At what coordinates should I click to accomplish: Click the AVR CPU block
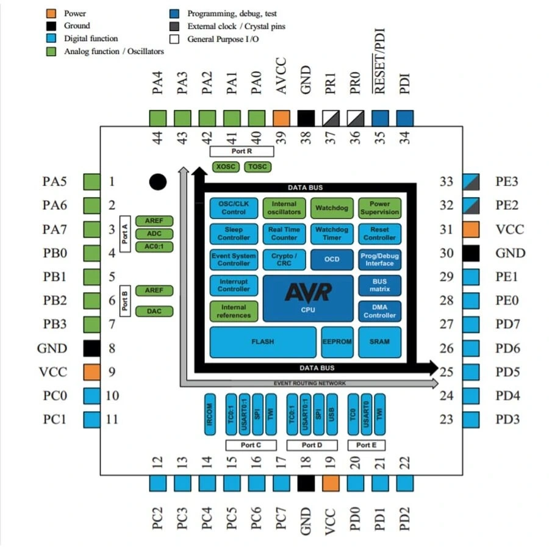point(307,298)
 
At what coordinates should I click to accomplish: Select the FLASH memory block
point(263,342)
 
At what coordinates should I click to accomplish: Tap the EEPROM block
point(337,342)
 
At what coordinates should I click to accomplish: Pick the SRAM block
point(379,342)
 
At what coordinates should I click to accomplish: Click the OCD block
point(332,259)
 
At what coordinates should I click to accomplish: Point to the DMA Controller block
point(379,311)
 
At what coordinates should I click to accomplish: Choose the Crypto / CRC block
point(284,259)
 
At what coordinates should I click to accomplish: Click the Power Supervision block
point(379,208)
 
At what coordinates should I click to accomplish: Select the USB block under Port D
point(331,415)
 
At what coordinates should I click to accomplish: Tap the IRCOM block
point(209,415)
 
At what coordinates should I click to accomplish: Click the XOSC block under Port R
point(225,167)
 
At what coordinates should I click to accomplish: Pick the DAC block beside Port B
point(154,311)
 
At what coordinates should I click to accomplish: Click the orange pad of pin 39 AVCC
point(281,118)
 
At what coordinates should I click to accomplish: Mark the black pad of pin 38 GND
point(306,118)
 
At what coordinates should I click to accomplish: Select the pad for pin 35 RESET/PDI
point(380,118)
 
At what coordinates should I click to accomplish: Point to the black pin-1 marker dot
point(158,181)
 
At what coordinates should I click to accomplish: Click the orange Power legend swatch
point(52,13)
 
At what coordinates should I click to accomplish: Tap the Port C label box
point(251,445)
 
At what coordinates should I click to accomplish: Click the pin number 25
point(447,372)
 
